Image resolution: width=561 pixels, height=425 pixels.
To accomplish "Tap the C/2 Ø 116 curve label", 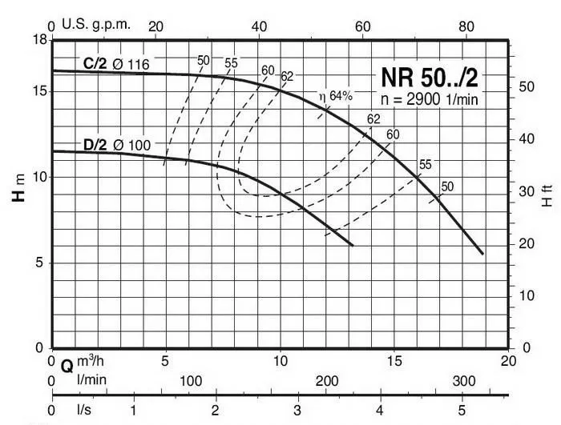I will point(115,62).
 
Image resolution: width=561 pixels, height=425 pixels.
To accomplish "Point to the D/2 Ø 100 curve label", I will point(115,145).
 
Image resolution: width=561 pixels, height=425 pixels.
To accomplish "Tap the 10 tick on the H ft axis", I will point(523,296).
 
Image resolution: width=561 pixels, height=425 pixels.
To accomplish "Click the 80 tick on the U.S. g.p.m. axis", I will point(466,26).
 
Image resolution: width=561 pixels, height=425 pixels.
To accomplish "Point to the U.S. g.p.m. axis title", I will point(91,26).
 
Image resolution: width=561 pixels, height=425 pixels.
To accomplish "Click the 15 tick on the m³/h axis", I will point(394,361).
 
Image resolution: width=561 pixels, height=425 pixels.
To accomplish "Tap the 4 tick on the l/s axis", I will point(380,410).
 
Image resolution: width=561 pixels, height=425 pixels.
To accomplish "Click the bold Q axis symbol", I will point(67,366).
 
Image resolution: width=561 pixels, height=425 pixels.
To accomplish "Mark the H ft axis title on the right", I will point(547,196).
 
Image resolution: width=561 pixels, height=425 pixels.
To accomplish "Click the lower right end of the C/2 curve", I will point(482,253).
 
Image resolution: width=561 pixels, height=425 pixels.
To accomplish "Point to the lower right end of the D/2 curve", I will point(352,245).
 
